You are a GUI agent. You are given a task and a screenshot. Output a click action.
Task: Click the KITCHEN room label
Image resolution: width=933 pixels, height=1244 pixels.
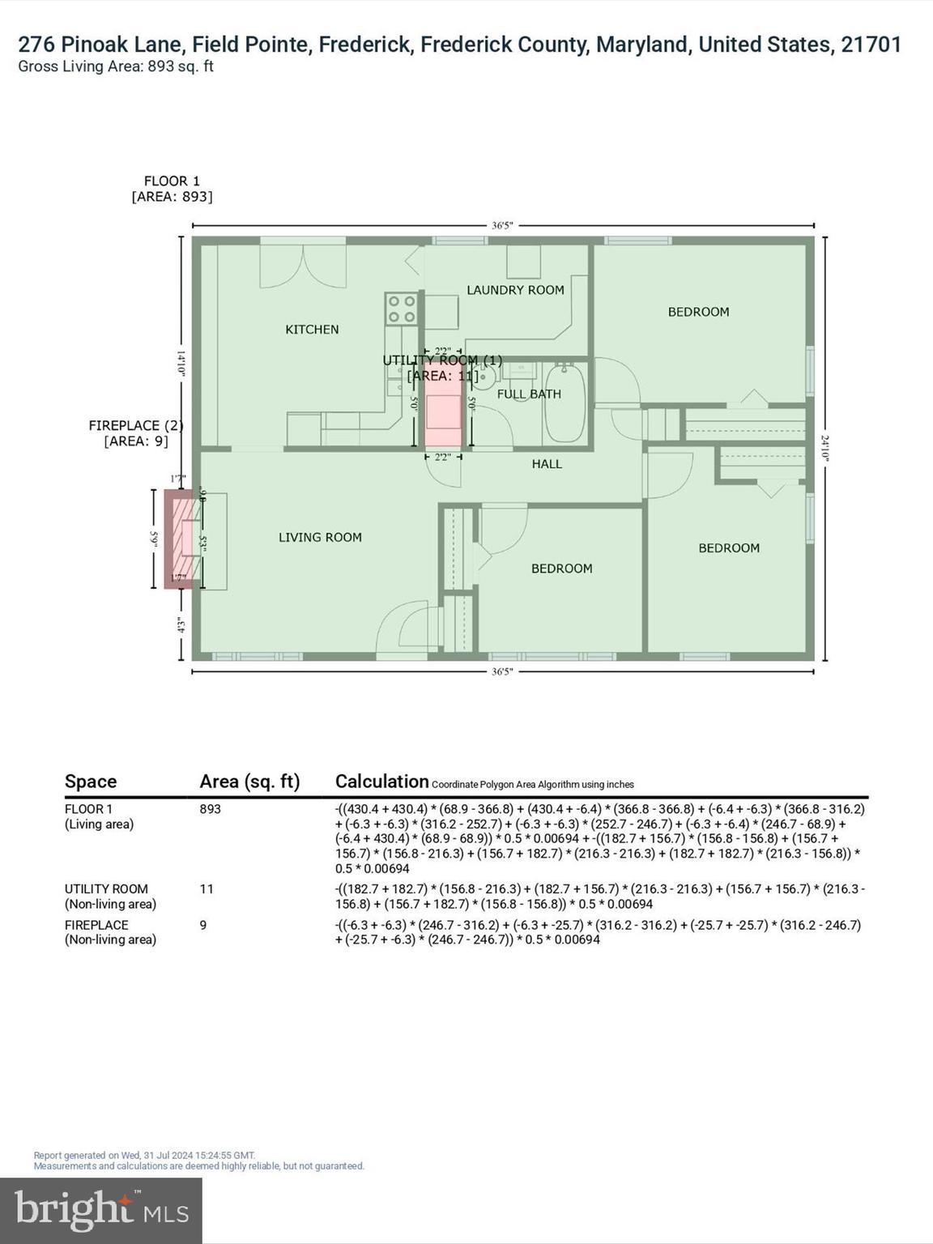click(312, 330)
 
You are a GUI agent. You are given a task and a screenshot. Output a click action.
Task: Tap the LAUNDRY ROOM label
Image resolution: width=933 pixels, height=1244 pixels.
click(515, 290)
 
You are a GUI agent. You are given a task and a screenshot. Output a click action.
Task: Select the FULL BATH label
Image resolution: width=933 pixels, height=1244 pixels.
click(529, 394)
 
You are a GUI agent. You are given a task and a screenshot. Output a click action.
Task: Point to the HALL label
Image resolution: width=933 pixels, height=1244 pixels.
click(547, 464)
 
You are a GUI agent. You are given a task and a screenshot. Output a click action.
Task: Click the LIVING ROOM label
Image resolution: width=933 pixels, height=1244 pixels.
click(320, 538)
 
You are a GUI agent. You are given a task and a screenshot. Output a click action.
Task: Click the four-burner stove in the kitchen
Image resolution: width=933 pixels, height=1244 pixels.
click(401, 309)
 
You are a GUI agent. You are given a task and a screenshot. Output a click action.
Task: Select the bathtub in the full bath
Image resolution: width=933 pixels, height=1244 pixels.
click(564, 403)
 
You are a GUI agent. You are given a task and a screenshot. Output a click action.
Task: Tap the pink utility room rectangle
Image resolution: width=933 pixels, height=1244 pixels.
click(443, 405)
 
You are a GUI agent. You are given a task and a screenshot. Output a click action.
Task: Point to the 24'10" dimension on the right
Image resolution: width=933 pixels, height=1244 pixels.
click(824, 448)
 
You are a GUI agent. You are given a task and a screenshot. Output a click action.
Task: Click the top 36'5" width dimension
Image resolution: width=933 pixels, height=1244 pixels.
click(502, 226)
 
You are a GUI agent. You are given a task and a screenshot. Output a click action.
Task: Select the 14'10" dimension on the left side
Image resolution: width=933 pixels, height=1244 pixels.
click(182, 363)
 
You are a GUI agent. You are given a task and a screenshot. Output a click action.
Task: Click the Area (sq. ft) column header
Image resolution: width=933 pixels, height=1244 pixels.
click(249, 782)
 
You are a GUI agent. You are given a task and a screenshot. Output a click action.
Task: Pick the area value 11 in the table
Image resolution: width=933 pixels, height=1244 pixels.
click(207, 889)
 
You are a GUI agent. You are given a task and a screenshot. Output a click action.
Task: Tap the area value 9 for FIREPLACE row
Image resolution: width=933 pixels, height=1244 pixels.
click(203, 925)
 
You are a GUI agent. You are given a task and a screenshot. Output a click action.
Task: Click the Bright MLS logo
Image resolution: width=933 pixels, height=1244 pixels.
click(101, 1211)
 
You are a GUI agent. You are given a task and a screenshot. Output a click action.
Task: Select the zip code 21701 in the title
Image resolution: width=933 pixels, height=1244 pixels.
click(871, 45)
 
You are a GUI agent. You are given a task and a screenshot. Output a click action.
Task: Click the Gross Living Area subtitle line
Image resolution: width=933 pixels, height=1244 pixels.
click(116, 66)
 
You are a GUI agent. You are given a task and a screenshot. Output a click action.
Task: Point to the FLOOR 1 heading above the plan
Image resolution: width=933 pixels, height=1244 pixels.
click(172, 181)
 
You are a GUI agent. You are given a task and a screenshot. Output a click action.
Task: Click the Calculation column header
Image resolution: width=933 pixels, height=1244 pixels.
click(381, 782)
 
